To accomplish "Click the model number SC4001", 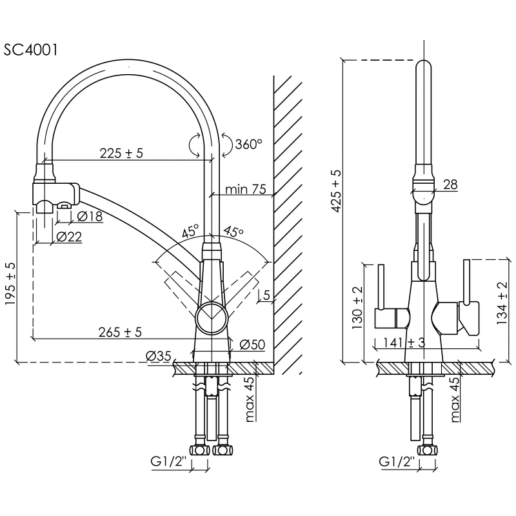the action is click(x=30, y=50).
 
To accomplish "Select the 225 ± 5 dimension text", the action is click(x=121, y=154).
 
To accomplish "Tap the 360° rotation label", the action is click(x=248, y=144).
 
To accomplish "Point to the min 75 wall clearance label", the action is click(x=245, y=189).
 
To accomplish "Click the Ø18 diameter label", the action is click(x=90, y=216).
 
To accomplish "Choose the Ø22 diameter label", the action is click(x=69, y=237).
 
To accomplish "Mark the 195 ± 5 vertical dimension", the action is click(x=10, y=284).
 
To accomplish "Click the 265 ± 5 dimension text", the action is click(x=120, y=332).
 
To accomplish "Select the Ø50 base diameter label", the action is click(x=252, y=344).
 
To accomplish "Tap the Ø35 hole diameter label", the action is click(x=159, y=356).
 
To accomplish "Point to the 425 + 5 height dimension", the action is click(x=336, y=191).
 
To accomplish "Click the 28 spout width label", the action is click(x=450, y=184).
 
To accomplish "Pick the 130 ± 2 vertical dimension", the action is click(x=357, y=308).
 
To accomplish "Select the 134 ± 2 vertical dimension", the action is click(x=502, y=303).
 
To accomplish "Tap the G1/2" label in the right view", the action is click(x=397, y=462).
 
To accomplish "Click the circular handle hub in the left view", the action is click(x=212, y=319).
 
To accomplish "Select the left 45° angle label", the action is click(x=190, y=232).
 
